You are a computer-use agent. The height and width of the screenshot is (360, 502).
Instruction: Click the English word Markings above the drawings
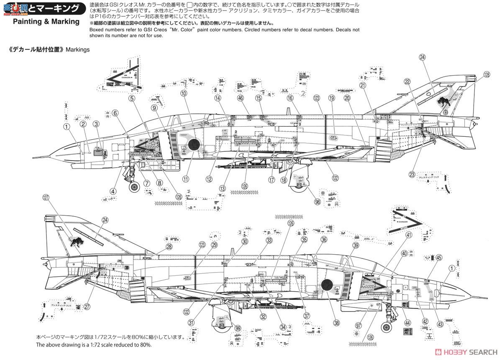[x=78, y=49]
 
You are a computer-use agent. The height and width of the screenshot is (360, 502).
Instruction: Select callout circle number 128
[x=474, y=74]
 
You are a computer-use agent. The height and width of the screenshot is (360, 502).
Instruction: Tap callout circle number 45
[x=438, y=258]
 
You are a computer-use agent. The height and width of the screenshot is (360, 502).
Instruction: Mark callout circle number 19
[x=332, y=98]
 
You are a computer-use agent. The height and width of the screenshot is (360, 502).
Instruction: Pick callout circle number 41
[x=409, y=235]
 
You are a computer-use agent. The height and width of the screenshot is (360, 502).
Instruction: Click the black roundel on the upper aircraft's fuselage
[x=193, y=144]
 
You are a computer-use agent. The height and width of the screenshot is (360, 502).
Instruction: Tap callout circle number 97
[x=358, y=326]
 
